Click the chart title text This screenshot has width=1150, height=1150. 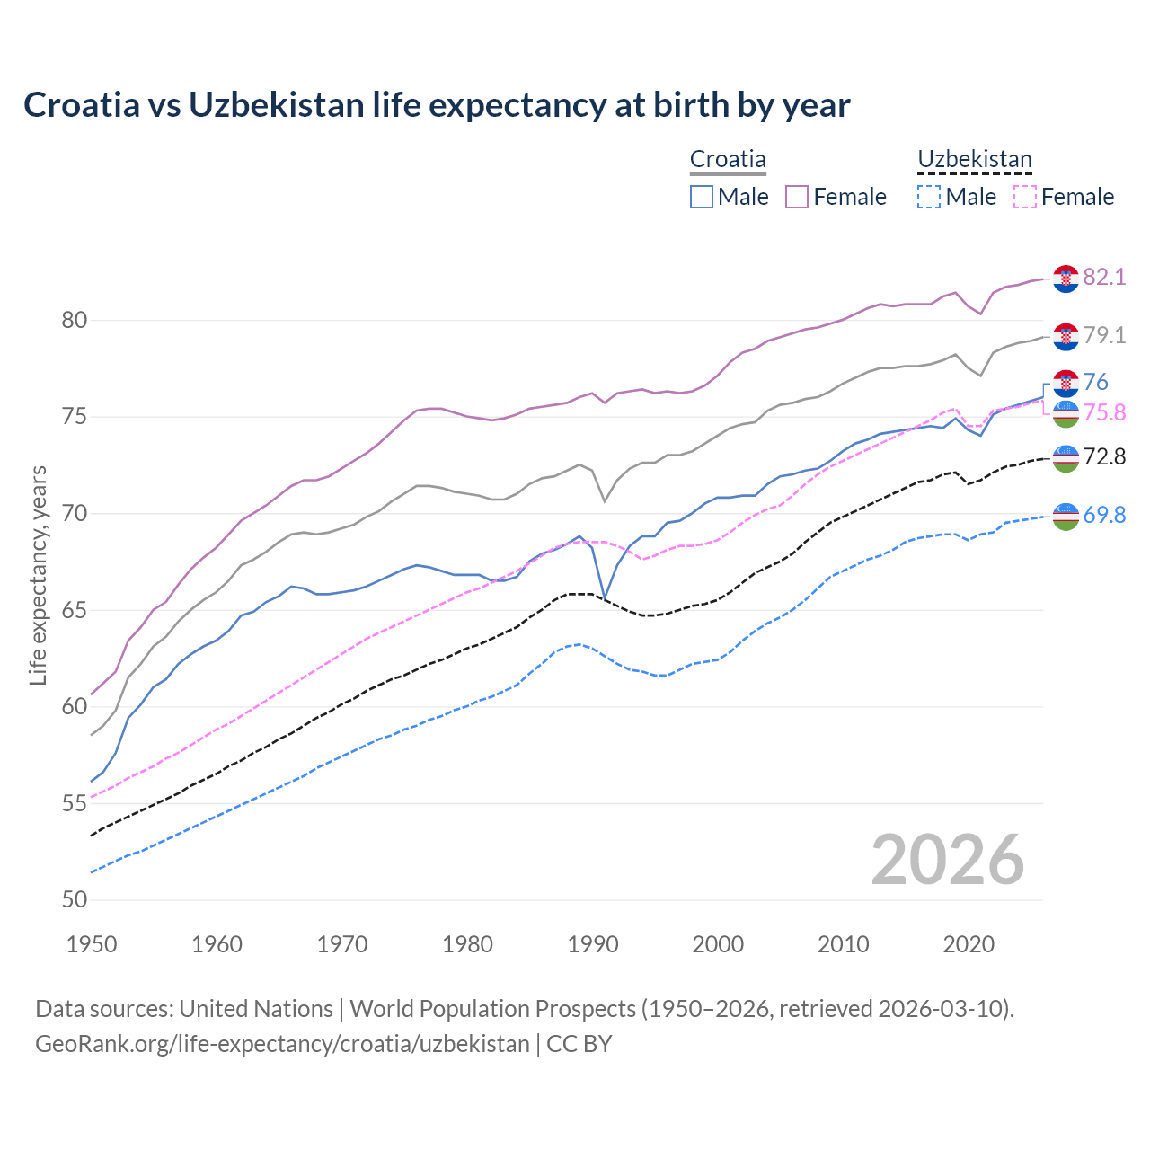click(x=437, y=105)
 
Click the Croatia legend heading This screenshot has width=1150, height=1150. click(x=728, y=160)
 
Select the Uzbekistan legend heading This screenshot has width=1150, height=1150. click(x=974, y=160)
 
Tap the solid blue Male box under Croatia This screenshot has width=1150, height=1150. click(x=702, y=197)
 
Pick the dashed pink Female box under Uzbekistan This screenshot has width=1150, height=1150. click(x=1025, y=197)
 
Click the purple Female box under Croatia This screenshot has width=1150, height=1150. click(x=797, y=197)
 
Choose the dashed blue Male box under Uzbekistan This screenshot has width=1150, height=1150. click(x=929, y=197)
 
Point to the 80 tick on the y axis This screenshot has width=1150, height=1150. click(x=75, y=320)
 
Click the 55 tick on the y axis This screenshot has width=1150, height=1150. click(x=75, y=803)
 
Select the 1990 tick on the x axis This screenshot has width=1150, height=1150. click(x=593, y=944)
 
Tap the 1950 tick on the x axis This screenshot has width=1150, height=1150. click(x=92, y=944)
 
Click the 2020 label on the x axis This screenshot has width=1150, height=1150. click(x=969, y=944)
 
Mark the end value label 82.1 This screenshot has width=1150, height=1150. click(x=1104, y=278)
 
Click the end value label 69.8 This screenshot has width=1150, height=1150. click(x=1104, y=516)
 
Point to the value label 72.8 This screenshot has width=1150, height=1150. click(x=1104, y=457)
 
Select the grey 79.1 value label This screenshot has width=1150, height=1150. click(x=1104, y=336)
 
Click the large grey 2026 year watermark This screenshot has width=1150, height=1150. click(x=947, y=861)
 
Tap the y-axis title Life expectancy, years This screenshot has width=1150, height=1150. click(x=39, y=575)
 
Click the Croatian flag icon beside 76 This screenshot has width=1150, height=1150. click(x=1066, y=383)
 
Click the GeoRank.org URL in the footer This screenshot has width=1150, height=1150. click(x=282, y=1044)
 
